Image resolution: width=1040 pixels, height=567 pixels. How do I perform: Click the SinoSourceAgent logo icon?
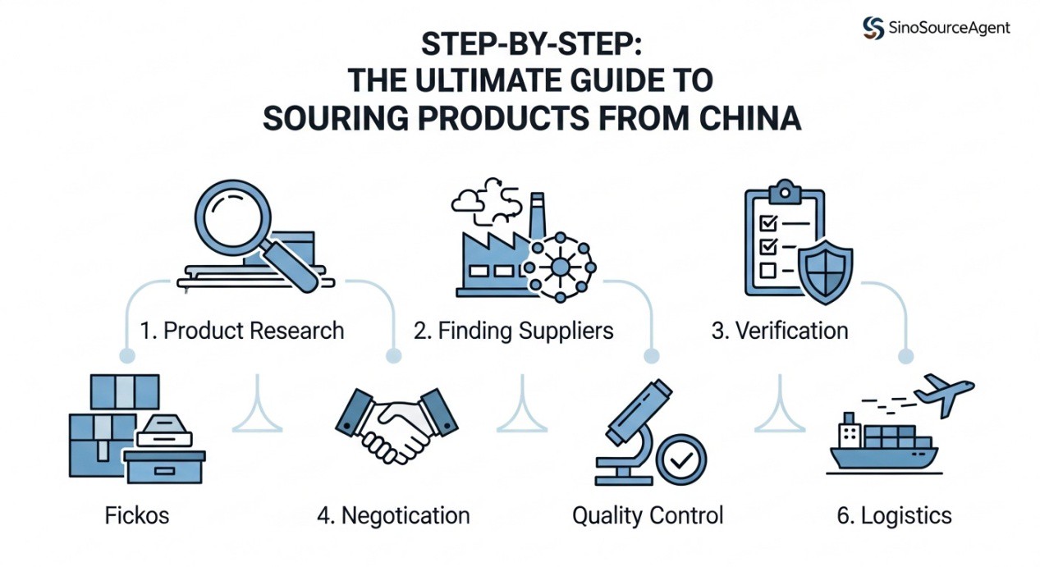coord(873,28)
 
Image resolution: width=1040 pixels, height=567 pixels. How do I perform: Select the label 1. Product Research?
coord(241,331)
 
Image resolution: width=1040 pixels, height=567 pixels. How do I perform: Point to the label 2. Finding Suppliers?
coord(514,331)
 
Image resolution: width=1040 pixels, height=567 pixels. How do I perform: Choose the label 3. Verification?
coord(780,331)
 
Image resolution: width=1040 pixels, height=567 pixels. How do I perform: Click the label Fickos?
coord(137,515)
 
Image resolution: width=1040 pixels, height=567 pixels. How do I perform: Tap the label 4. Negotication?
coord(393,515)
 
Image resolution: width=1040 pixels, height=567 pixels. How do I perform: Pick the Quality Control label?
coord(648,515)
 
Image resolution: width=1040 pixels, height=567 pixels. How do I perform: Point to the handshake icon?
coord(396,424)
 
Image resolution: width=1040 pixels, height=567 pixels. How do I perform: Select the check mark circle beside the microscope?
coord(680,461)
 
